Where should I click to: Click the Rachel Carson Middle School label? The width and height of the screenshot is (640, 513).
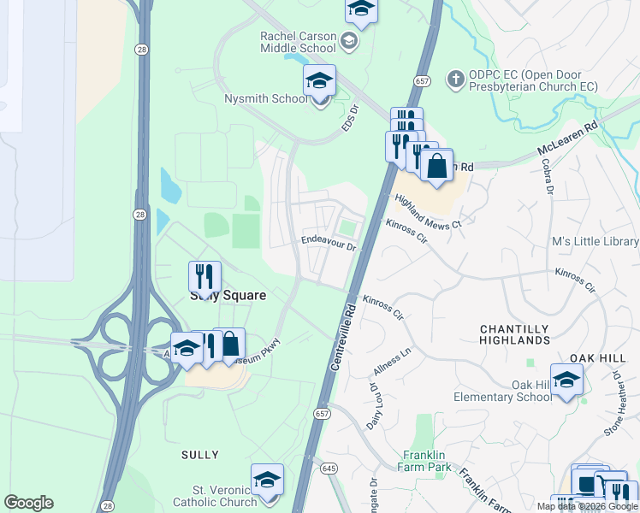pyautogui.click(x=298, y=41)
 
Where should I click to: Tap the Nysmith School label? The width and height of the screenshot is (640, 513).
pyautogui.click(x=265, y=99)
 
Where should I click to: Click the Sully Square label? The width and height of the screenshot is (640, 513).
pyautogui.click(x=227, y=296)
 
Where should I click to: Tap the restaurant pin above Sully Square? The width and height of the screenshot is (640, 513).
pyautogui.click(x=204, y=276)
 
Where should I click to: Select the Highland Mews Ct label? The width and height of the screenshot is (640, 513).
pyautogui.click(x=428, y=211)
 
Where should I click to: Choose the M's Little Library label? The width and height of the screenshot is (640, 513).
pyautogui.click(x=596, y=242)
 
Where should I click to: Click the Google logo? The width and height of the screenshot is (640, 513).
pyautogui.click(x=28, y=503)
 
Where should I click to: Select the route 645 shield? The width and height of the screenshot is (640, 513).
pyautogui.click(x=329, y=468)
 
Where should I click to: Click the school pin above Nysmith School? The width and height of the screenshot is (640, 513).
pyautogui.click(x=320, y=82)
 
